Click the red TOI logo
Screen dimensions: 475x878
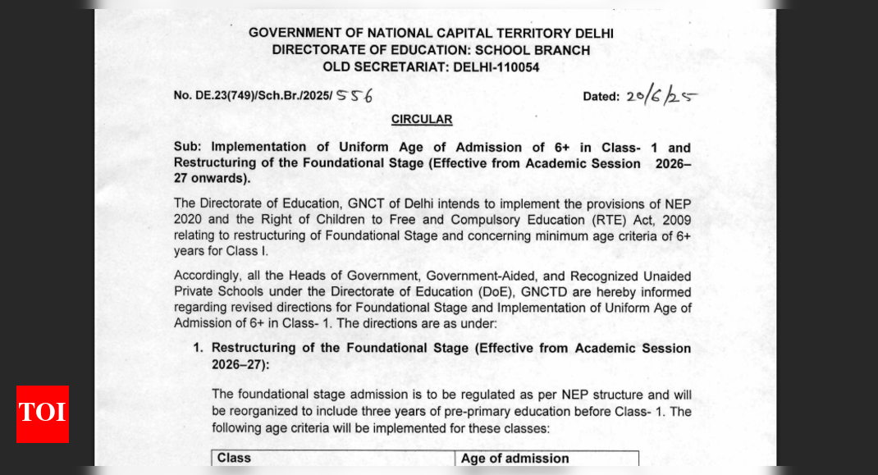point(43,413)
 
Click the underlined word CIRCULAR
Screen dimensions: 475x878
point(422,120)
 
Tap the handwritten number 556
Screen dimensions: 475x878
point(354,95)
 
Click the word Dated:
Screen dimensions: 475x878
point(601,97)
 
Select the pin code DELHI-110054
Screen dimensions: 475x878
point(496,67)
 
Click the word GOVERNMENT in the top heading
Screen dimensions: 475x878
point(294,34)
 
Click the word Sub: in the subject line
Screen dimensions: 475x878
point(188,148)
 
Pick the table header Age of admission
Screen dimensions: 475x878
point(514,459)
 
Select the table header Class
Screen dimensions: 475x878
point(234,458)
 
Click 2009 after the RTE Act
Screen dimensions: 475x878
point(675,221)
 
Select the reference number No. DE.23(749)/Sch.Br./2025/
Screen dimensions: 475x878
point(253,96)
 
